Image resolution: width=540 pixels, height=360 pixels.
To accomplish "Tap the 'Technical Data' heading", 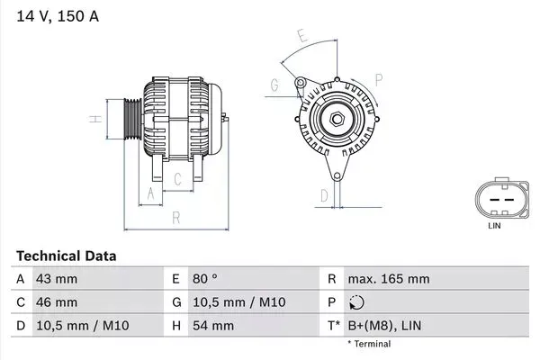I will point(66,256).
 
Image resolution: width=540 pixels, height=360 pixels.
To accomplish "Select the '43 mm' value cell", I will point(55,279).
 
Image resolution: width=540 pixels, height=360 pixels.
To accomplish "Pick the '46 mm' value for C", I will point(56,302).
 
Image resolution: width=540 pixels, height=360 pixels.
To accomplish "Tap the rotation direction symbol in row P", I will point(356,302).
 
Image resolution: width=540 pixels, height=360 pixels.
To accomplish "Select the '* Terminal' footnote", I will point(369,344).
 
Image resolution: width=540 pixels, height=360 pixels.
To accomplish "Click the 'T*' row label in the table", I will point(333,326).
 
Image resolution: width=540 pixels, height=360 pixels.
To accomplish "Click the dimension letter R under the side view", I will point(176,217).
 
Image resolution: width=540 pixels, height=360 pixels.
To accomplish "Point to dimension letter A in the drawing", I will point(150,193).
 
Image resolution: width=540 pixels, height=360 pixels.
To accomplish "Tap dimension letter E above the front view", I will point(302,37).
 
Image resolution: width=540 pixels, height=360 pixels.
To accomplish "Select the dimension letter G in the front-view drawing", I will point(273,85).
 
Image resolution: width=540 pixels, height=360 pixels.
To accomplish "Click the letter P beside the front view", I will point(379,79).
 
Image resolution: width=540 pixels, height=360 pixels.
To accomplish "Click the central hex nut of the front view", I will point(335,120).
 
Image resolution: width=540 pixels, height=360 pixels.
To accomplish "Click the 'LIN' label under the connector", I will point(493,226).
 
